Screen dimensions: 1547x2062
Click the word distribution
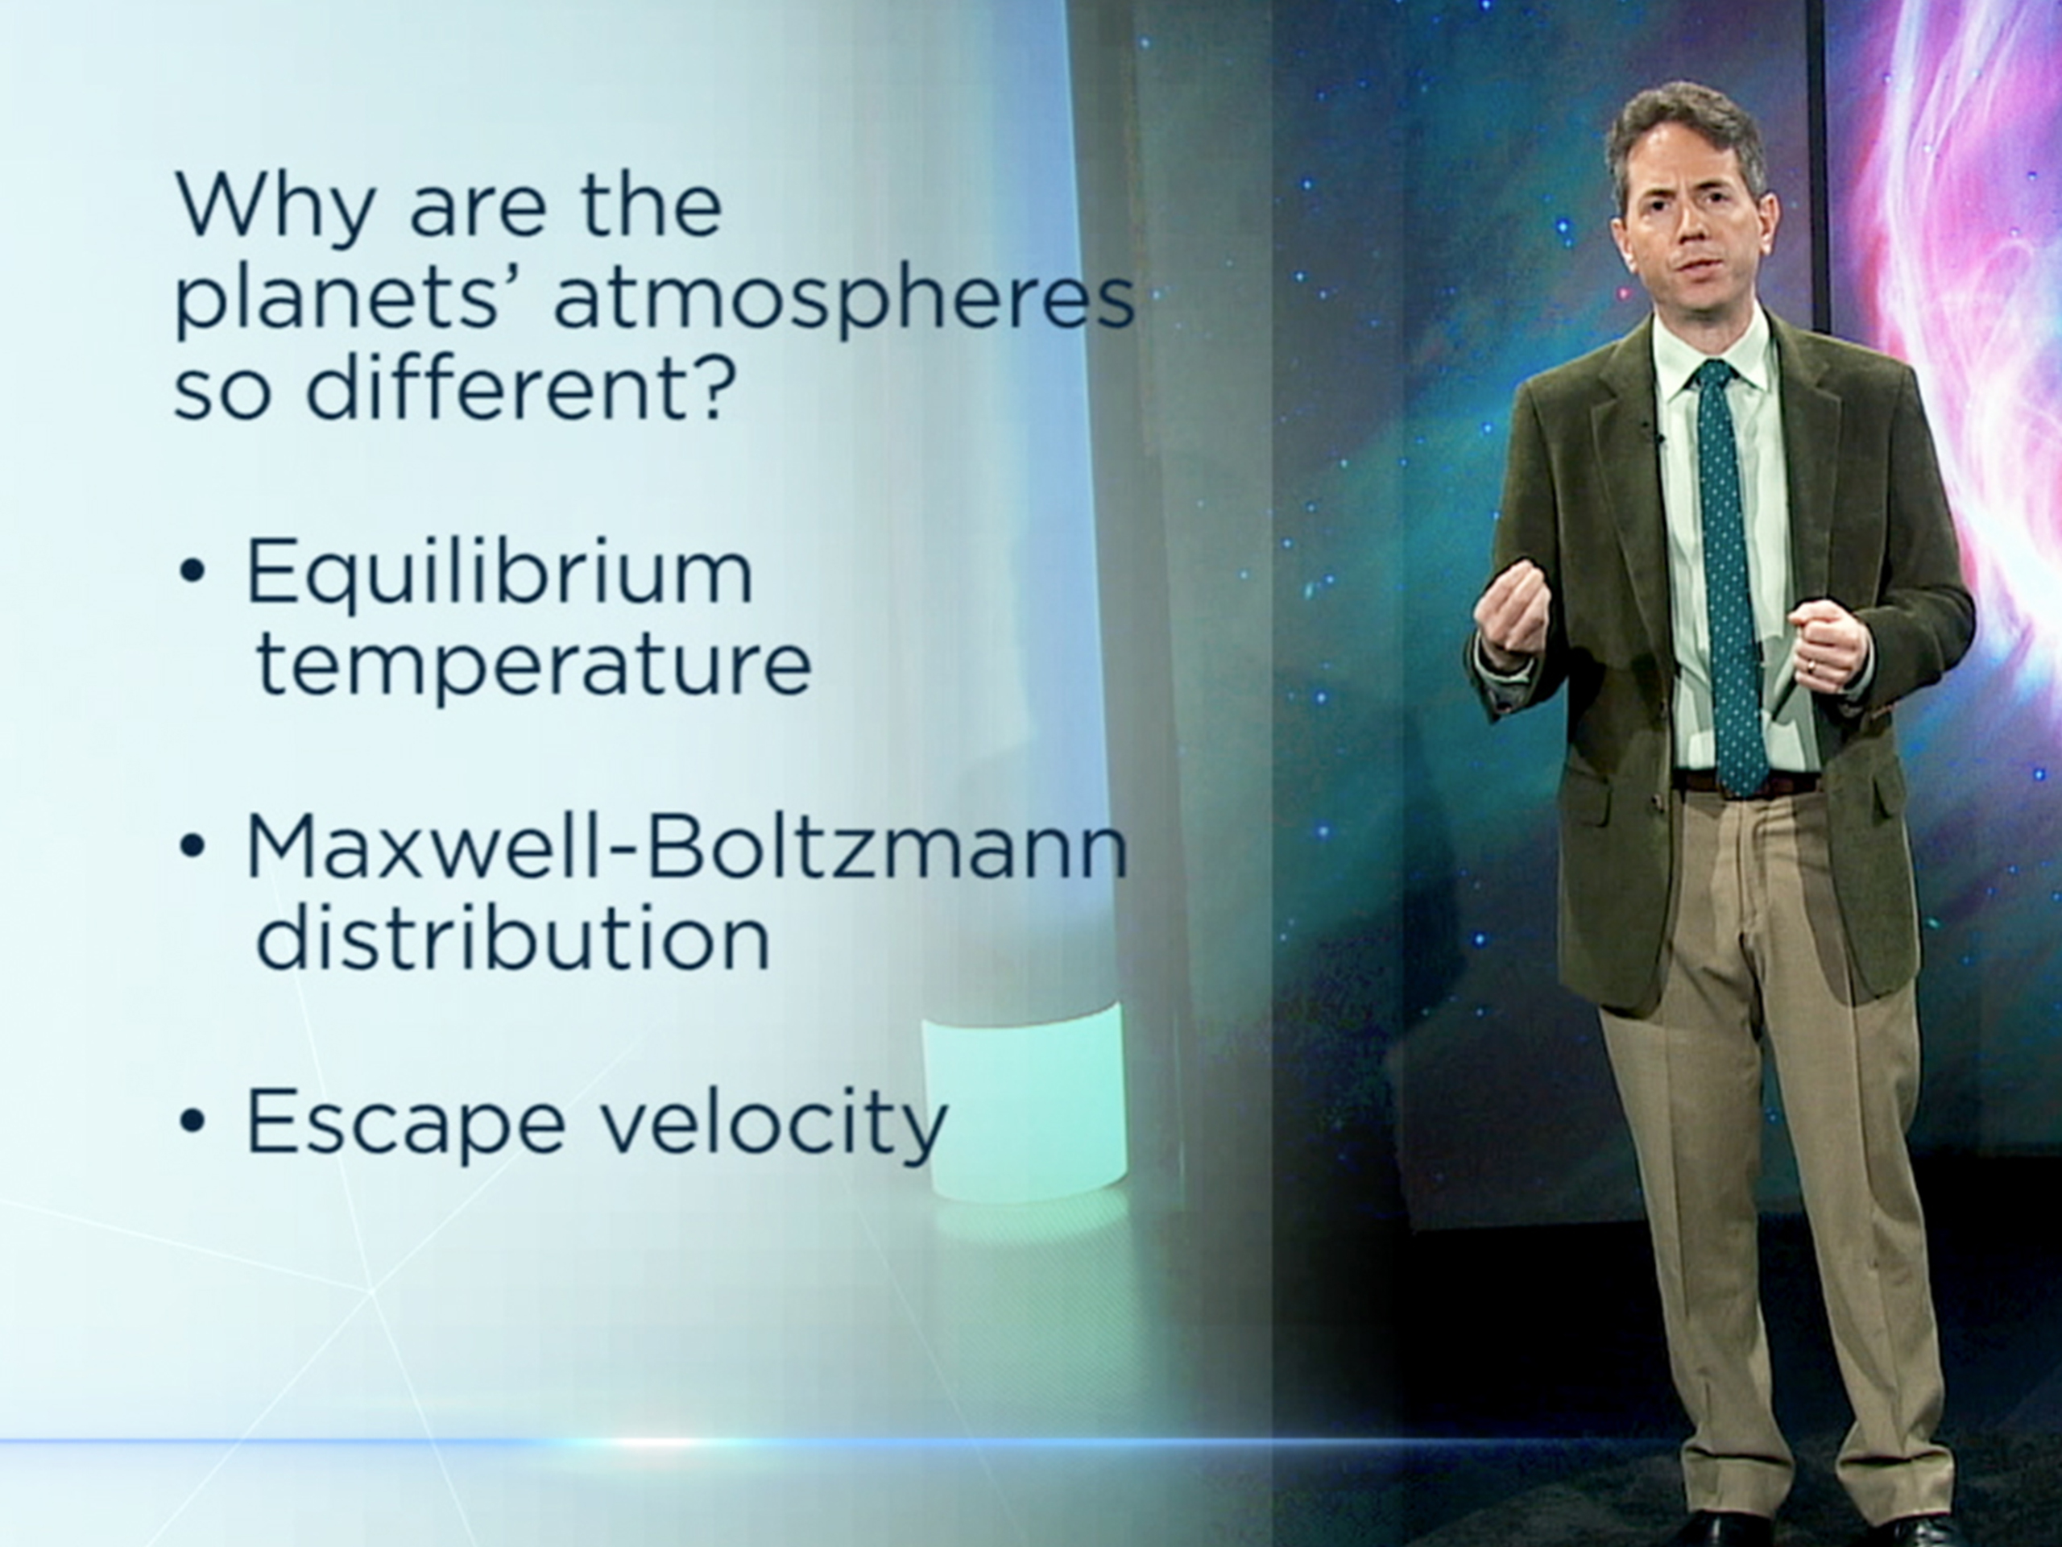click(513, 940)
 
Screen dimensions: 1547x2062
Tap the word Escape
click(404, 1122)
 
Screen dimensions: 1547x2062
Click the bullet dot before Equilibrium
click(192, 574)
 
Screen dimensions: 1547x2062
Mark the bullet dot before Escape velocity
click(192, 1122)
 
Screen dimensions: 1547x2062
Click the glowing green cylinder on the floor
click(1025, 1105)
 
